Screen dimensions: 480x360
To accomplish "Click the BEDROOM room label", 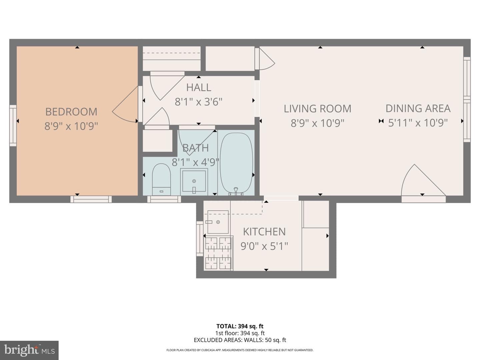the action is coord(71,112).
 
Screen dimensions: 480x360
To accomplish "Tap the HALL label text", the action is coord(199,88).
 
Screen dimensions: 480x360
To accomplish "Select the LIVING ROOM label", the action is coord(318,109).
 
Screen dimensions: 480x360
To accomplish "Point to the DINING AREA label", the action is coord(418,108).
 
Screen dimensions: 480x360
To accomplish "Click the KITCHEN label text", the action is coord(264,232).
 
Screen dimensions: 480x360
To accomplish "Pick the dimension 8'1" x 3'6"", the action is coord(199,102).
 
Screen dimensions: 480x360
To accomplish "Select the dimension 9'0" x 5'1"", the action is coord(264,246).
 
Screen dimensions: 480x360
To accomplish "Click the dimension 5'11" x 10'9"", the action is coord(418,123).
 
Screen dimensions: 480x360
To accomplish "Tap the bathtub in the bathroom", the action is coord(236,163).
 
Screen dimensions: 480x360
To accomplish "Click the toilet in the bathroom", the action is coord(161,179).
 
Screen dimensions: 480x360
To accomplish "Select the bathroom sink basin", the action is coord(194,181).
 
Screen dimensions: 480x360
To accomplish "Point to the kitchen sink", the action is coord(218,222).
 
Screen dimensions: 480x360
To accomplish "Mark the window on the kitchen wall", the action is coord(200,238).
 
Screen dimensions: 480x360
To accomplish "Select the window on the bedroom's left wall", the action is coord(13,125).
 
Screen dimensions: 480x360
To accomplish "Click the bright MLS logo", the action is coord(29,350).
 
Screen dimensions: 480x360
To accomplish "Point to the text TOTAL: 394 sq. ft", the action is coord(240,326).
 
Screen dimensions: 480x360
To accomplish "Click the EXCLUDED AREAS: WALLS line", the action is coord(240,340).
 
